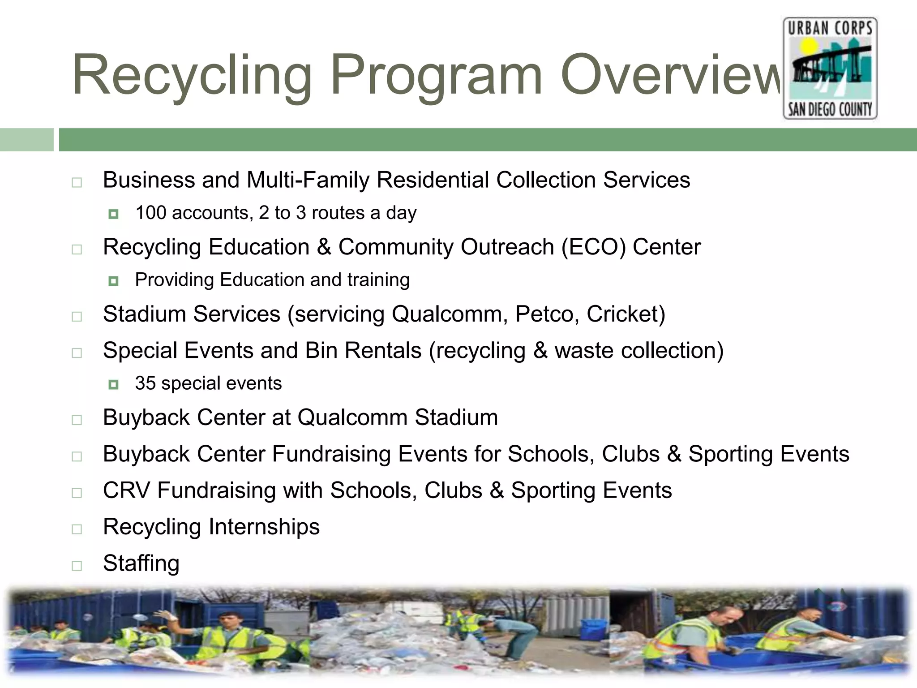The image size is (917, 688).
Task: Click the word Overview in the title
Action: coord(672,75)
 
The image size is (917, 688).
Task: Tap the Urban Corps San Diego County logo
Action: coord(830,68)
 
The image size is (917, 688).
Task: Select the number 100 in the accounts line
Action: coord(151,213)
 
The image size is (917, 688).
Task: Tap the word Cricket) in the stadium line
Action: coord(626,314)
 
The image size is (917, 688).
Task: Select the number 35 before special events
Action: coord(145,383)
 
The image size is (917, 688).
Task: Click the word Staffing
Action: coord(141,563)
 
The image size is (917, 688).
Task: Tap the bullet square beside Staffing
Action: coord(77,566)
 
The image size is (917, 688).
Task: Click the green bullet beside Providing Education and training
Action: coord(113,281)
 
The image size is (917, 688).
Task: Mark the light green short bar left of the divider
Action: coord(26,140)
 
